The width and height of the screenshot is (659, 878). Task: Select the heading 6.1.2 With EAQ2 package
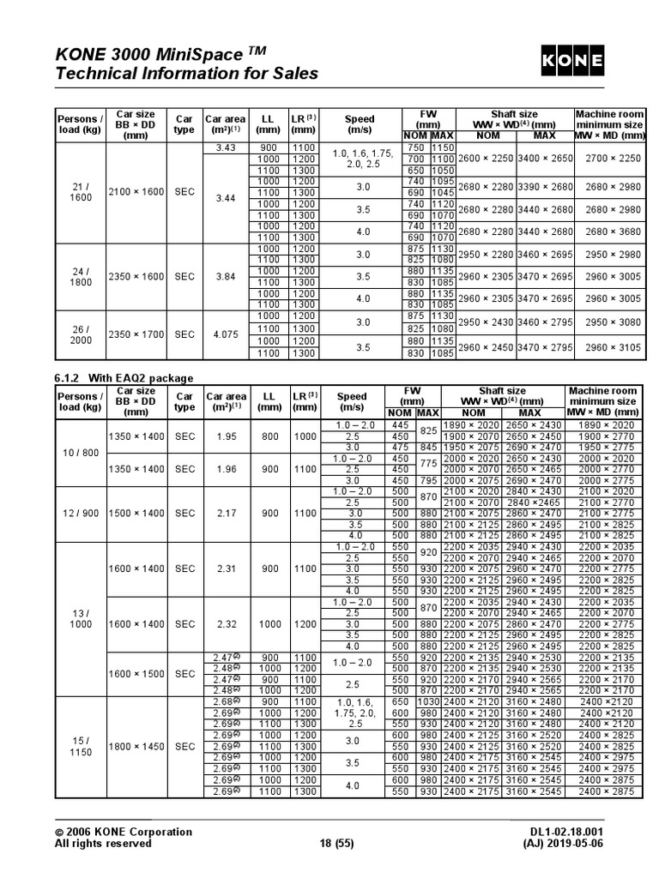click(124, 378)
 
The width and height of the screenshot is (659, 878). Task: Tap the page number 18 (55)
click(329, 843)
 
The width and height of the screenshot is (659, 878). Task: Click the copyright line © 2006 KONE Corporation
click(124, 832)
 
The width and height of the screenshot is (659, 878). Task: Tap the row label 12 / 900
click(80, 513)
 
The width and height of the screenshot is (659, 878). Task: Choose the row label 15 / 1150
click(80, 746)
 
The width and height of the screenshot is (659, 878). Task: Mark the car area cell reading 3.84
click(226, 277)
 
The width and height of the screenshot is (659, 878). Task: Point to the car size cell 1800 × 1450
click(136, 747)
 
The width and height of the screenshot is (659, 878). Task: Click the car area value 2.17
click(226, 513)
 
